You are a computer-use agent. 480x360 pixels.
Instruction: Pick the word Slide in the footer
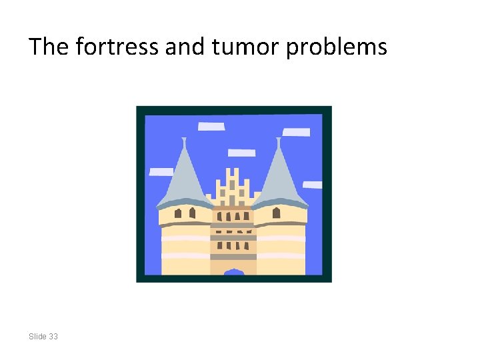click(38, 337)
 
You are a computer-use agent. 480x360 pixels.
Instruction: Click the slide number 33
click(53, 337)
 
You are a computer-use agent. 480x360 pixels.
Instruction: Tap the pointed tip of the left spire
click(184, 140)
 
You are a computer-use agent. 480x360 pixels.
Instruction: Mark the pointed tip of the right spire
click(279, 140)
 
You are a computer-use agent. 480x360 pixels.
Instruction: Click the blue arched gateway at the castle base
click(233, 272)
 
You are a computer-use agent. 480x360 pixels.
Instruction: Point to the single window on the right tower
click(276, 213)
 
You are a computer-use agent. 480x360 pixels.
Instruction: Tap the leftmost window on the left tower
click(178, 213)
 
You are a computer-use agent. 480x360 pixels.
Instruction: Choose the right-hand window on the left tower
click(192, 213)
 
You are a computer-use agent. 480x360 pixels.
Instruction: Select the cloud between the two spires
click(241, 153)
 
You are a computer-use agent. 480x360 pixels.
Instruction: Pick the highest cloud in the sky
click(211, 126)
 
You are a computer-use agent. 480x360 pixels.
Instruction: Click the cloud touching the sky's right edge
click(313, 185)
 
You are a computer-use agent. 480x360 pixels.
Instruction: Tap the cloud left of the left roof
click(161, 171)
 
